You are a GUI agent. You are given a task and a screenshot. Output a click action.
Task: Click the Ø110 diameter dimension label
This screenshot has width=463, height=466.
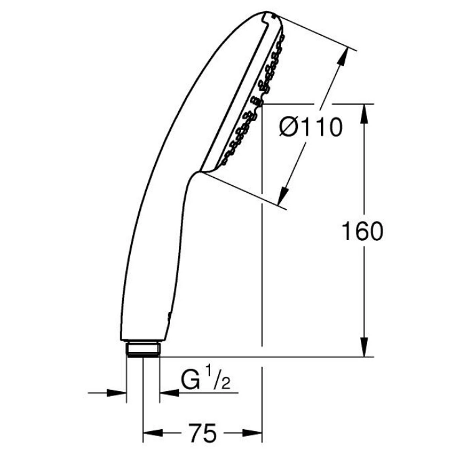[x=311, y=127]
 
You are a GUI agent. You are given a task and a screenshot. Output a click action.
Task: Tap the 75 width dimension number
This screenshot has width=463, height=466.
[x=202, y=433]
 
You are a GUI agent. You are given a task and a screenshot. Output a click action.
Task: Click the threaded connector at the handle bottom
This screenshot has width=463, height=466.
[x=143, y=349]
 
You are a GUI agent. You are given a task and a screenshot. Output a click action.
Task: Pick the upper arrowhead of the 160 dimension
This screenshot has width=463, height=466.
[x=365, y=114]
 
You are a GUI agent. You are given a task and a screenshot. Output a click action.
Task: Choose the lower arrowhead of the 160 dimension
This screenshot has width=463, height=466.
[x=365, y=347]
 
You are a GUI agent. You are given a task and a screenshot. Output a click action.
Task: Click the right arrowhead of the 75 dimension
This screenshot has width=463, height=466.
[x=252, y=433]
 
